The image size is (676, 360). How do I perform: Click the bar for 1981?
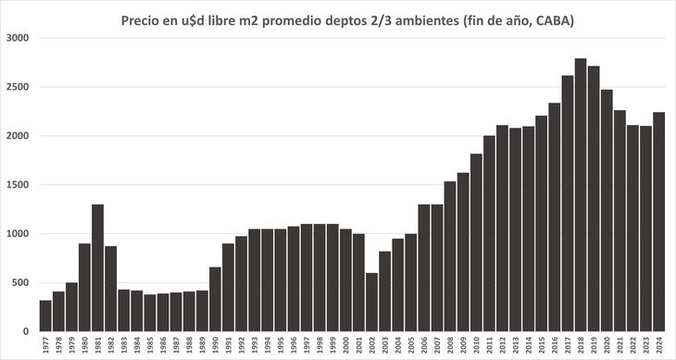[97, 267]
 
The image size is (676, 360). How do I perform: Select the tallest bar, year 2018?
[580, 194]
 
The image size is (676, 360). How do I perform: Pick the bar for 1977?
[45, 316]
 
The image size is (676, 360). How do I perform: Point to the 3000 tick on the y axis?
[19, 38]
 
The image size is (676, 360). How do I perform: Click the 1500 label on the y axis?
[19, 185]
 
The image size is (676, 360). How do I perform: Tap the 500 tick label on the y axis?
[22, 282]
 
